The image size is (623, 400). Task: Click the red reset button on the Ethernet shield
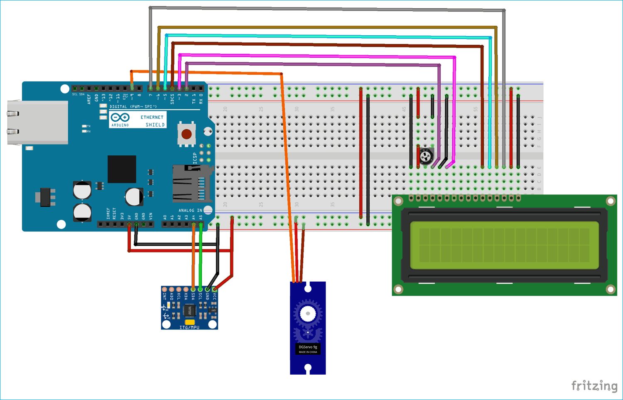click(186, 134)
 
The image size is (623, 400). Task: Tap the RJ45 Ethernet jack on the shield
click(37, 123)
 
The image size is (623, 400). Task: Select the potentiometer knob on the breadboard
click(426, 157)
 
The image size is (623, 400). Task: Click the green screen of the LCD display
click(504, 245)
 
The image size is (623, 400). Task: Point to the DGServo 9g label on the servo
click(308, 347)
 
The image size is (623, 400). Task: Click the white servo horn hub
click(308, 314)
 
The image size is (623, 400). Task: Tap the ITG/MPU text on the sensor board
click(189, 327)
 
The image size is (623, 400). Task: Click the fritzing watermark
click(594, 386)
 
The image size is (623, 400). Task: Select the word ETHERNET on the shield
click(152, 118)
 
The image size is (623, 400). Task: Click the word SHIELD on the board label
click(155, 125)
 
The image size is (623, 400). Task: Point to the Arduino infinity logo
click(120, 118)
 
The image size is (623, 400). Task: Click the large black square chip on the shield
click(122, 169)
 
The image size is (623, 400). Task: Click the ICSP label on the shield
click(195, 158)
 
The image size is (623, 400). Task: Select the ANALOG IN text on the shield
click(190, 211)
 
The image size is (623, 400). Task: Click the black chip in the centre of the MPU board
click(189, 309)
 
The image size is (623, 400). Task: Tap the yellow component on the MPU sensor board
click(190, 322)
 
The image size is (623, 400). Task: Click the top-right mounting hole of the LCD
click(610, 201)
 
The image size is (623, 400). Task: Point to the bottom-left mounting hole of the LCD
click(398, 289)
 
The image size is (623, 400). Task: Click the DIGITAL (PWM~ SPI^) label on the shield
click(133, 107)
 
